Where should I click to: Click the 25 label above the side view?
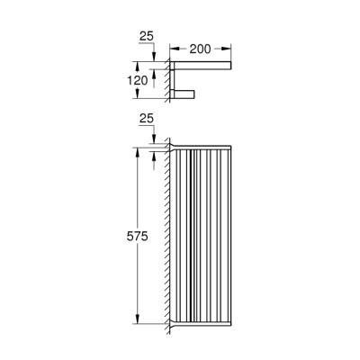pos(147,36)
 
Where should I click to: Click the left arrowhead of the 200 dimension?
pos(173,50)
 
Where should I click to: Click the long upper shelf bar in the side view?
pos(202,65)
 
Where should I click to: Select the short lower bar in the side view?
pos(184,94)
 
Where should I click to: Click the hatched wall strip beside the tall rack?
pos(167,234)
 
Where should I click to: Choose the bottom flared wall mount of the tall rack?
pos(176,322)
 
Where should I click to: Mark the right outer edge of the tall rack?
pos(230,234)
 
